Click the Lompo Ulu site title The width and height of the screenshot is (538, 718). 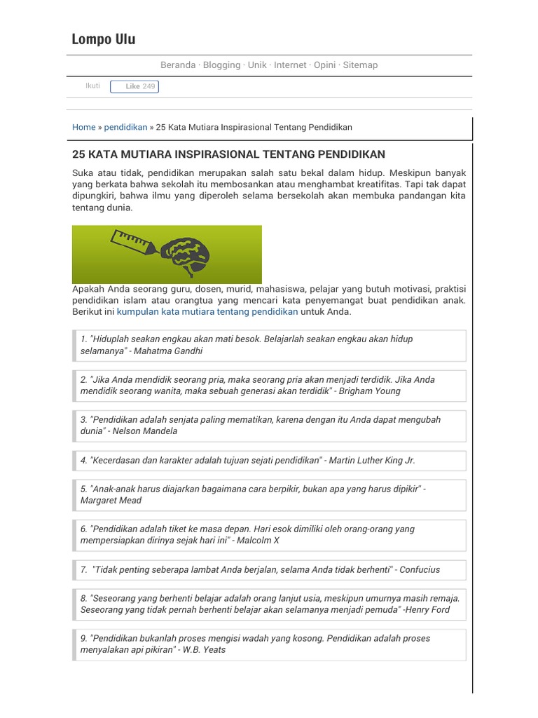[x=104, y=39]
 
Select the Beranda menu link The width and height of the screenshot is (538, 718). [x=178, y=65]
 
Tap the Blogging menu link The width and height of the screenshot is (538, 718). [x=221, y=65]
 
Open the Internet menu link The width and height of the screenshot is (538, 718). [x=290, y=65]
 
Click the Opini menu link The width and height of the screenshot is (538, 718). [x=324, y=65]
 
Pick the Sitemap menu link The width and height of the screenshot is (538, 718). [x=360, y=65]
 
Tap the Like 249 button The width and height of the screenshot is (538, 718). [x=134, y=87]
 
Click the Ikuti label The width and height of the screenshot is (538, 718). [x=92, y=86]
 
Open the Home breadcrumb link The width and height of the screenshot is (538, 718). [x=83, y=128]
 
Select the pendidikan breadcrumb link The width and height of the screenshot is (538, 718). [x=125, y=128]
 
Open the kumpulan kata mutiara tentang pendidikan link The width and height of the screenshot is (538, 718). [x=207, y=311]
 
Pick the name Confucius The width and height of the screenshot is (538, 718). [x=420, y=569]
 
